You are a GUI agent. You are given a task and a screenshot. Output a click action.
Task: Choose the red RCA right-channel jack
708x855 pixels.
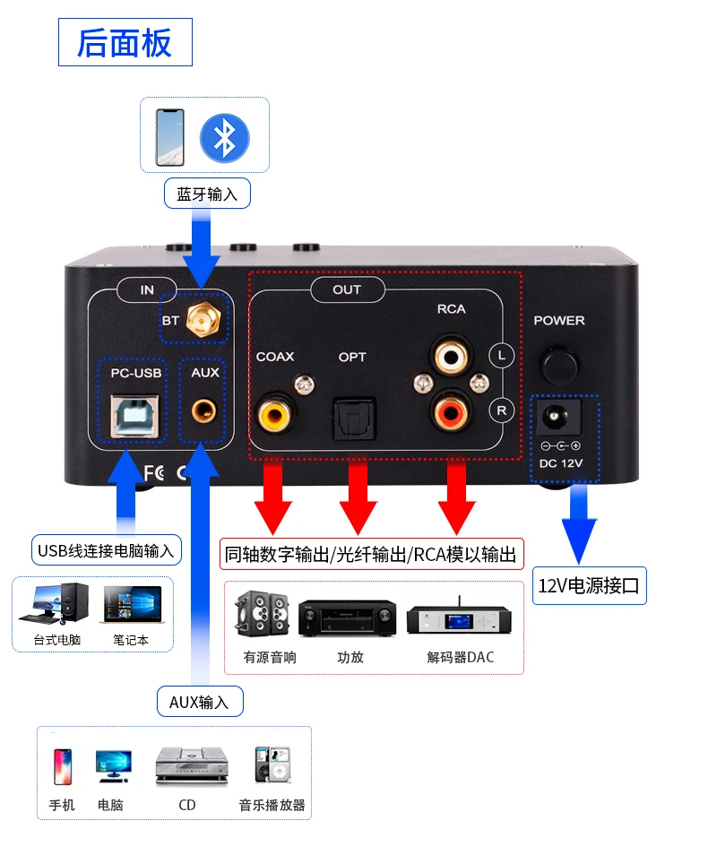pos(450,412)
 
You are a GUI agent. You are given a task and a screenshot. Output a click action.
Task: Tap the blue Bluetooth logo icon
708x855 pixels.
pos(224,139)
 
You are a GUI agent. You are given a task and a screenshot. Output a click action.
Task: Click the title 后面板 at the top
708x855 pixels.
pos(125,43)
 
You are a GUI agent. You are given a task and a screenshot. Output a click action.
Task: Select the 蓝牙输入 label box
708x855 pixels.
pos(207,194)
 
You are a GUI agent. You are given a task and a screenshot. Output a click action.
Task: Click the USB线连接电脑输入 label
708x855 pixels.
pos(106,549)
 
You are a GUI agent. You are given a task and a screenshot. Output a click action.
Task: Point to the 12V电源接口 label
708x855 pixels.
pos(589,587)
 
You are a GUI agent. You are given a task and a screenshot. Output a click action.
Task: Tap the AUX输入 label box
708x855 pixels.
pos(199,702)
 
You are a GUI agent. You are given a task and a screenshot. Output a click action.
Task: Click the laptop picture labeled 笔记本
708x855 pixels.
pos(132,607)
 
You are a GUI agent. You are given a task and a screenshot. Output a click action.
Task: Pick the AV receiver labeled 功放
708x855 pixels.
pos(348,617)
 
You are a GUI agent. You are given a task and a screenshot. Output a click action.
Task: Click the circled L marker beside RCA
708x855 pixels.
pos(502,355)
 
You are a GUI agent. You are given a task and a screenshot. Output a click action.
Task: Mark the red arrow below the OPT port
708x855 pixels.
pos(358,498)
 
